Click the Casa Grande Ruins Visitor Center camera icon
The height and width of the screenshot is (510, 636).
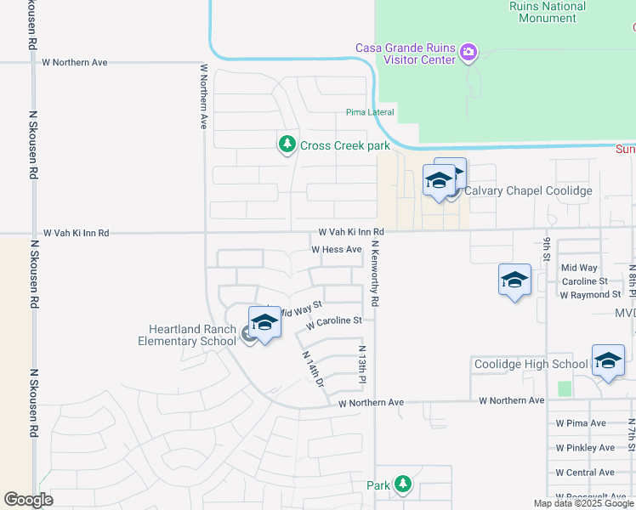click(x=468, y=54)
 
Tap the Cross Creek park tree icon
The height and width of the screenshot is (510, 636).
click(x=287, y=144)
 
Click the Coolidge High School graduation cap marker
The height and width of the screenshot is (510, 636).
click(x=608, y=361)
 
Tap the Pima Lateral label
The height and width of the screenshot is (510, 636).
click(x=367, y=112)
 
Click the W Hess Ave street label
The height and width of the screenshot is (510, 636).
click(x=337, y=249)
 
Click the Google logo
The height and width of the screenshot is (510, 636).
click(x=28, y=500)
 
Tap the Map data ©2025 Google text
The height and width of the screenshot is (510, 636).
click(x=583, y=503)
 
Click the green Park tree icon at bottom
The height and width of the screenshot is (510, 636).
click(x=403, y=485)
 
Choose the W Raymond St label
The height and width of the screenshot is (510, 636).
click(x=590, y=294)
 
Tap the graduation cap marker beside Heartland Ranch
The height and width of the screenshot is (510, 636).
click(x=264, y=323)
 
